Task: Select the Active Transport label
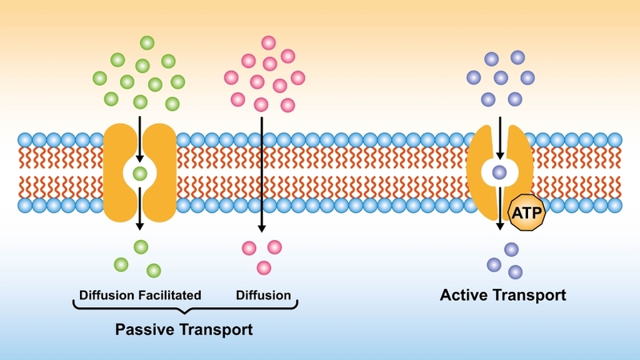click(x=503, y=295)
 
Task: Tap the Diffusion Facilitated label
click(x=140, y=295)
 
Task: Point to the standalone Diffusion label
click(x=263, y=295)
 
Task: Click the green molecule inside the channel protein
click(x=140, y=173)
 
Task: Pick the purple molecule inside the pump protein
click(x=500, y=172)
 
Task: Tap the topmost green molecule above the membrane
click(x=146, y=42)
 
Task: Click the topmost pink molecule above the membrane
click(x=269, y=42)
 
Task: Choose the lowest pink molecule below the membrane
click(x=263, y=267)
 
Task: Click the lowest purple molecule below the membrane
click(x=515, y=271)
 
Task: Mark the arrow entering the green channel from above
click(x=140, y=136)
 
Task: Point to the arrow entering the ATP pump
click(x=500, y=136)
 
